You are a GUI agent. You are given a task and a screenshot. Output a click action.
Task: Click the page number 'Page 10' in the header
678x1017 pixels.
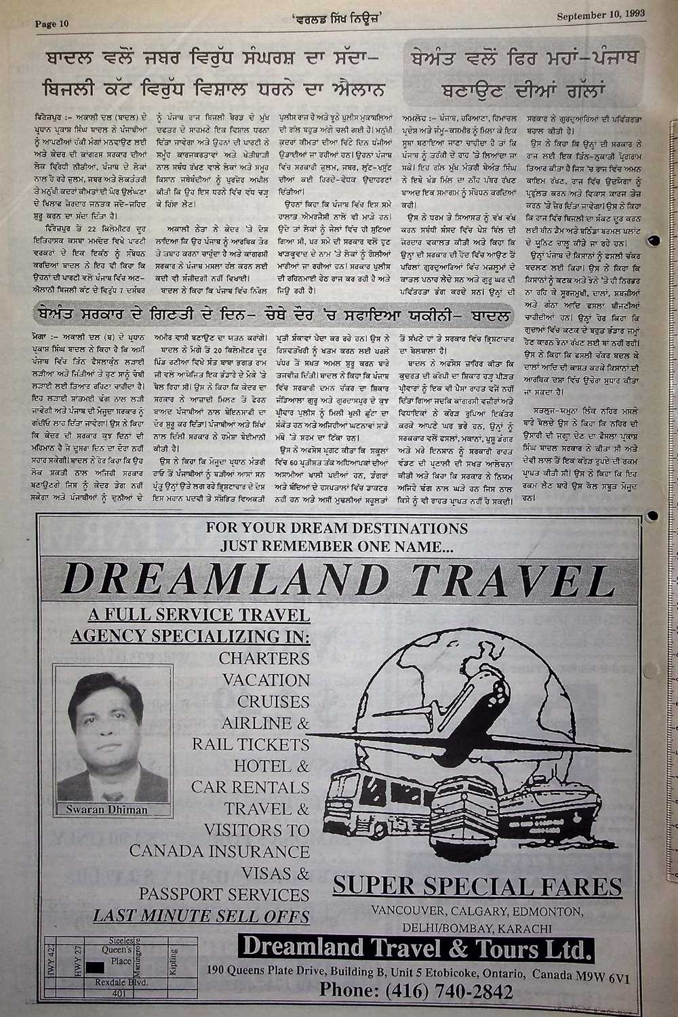pos(52,24)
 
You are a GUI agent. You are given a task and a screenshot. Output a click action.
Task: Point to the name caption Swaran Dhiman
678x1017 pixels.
pos(106,809)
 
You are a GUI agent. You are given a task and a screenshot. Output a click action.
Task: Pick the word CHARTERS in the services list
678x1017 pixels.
pos(264,658)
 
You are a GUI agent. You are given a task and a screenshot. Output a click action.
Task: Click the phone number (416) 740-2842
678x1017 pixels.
pos(416,991)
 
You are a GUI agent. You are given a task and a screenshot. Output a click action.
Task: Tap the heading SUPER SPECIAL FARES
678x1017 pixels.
pos(477,885)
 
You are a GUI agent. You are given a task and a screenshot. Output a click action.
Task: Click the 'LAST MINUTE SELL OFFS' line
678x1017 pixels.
pos(201,915)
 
